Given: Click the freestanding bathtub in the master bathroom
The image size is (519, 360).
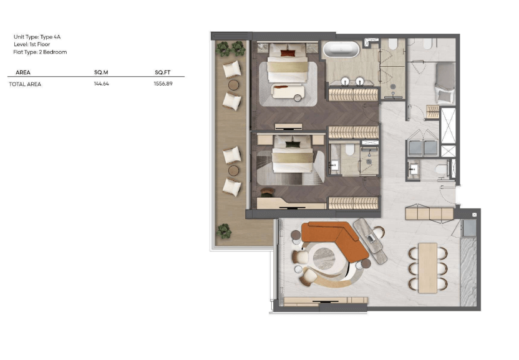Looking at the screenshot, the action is [341, 50].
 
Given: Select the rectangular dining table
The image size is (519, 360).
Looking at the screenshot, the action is [428, 268].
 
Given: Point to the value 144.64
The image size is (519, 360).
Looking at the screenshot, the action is [101, 84].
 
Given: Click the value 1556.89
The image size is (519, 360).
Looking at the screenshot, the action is [163, 84].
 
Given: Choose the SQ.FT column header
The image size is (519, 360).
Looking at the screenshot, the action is [163, 72].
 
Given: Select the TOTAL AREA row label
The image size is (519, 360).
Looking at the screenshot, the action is [25, 84].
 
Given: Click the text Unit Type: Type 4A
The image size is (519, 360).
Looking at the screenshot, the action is [37, 37].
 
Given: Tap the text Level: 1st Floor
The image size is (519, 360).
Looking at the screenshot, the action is [32, 44].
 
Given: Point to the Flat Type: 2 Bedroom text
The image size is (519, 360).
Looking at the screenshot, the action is [40, 52].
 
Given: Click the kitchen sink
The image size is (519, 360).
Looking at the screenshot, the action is [469, 227].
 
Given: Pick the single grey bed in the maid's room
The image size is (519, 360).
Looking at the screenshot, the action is [445, 83].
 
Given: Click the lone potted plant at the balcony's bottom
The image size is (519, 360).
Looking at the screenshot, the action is [224, 231].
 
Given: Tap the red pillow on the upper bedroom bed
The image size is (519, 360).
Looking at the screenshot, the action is [288, 52].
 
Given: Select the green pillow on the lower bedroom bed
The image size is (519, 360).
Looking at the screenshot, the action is [293, 144].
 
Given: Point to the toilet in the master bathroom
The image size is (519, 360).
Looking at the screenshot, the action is [392, 44].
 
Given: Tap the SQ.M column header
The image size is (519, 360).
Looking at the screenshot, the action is [101, 72].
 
